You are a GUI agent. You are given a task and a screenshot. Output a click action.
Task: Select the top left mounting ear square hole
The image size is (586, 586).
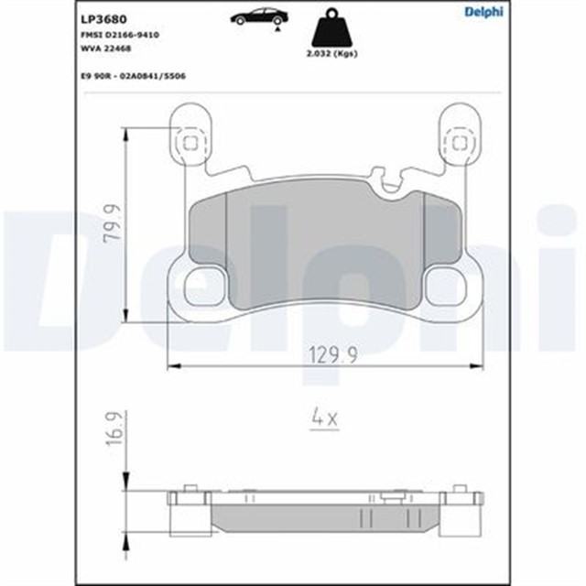190,143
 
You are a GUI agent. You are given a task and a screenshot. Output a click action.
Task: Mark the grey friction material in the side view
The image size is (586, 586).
320,519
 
